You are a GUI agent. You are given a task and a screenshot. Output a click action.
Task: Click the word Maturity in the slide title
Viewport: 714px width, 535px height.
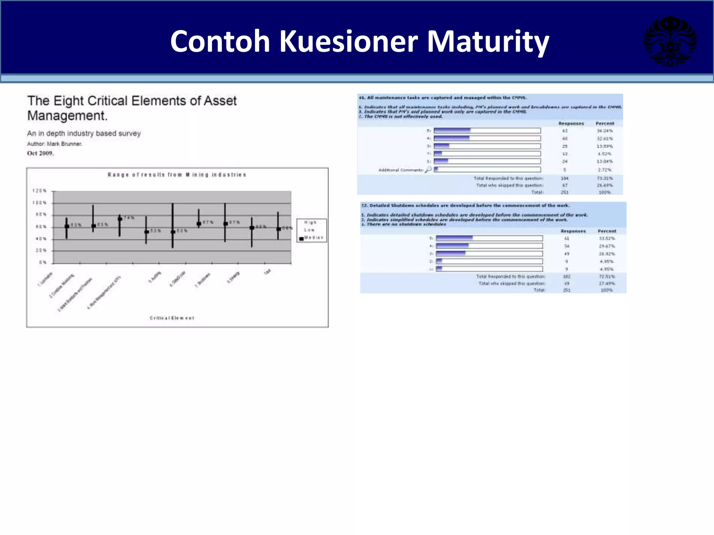tap(488, 42)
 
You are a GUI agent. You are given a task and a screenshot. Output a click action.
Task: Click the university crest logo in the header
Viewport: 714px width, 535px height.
tap(670, 41)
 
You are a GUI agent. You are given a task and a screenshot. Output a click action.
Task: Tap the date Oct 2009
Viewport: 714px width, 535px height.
tap(40, 153)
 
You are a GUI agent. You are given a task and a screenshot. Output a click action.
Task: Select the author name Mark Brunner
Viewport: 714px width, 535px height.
tap(64, 144)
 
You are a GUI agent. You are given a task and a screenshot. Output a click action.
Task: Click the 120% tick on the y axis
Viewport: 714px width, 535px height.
tap(39, 191)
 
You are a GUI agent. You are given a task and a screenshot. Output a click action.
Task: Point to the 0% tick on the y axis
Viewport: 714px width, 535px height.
tap(43, 262)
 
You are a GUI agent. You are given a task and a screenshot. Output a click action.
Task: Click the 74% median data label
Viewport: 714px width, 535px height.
tap(129, 218)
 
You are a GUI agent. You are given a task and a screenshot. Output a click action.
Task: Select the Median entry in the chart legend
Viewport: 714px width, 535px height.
tap(313, 238)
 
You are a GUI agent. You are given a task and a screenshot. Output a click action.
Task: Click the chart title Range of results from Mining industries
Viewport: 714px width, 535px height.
tap(177, 175)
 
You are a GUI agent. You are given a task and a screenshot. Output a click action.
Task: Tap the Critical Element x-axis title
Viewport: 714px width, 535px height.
tap(172, 318)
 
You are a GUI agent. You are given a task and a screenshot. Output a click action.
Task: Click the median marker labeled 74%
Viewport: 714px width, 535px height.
tap(120, 219)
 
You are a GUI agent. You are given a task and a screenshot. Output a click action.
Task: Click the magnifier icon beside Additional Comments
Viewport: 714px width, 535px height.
tap(428, 170)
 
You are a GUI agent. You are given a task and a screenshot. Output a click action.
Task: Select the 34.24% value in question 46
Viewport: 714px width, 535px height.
tap(605, 131)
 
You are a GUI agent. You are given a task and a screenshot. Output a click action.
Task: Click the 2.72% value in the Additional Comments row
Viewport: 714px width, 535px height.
tap(605, 170)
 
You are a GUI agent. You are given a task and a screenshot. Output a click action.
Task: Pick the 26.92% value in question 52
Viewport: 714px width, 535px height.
tap(607, 254)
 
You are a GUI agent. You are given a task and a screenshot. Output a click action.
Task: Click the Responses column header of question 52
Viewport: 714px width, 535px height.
tap(573, 231)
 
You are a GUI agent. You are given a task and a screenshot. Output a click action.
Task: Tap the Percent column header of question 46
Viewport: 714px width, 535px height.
tap(605, 124)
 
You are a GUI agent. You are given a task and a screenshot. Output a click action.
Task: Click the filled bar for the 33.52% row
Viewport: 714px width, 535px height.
tap(454, 238)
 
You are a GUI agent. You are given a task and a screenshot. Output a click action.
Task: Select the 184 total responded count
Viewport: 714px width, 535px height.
tap(565, 178)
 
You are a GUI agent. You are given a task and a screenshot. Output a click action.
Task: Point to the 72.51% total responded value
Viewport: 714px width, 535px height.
tap(607, 277)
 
